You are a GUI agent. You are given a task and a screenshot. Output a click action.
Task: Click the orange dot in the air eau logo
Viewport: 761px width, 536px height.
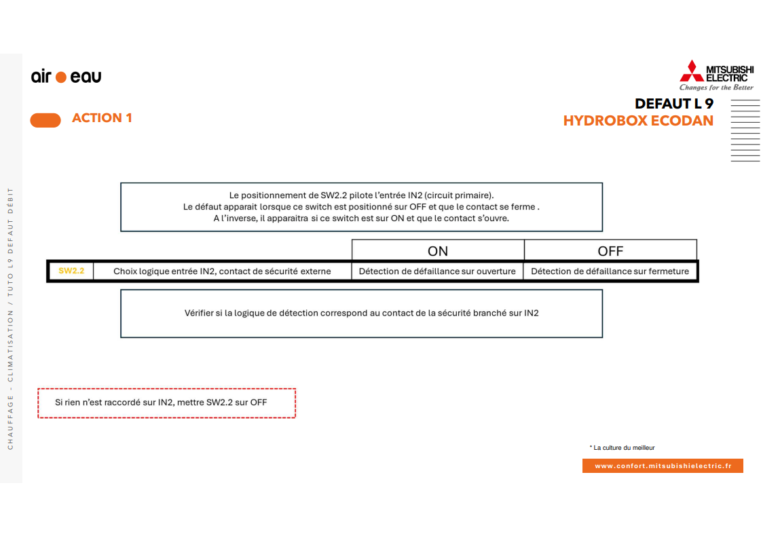(61, 77)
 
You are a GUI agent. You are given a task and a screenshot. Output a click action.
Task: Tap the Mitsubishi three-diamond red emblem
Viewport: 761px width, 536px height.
(692, 71)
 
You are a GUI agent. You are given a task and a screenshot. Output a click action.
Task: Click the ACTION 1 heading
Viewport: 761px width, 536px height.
(102, 118)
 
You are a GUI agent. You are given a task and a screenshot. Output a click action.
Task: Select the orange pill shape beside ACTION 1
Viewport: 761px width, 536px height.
(45, 120)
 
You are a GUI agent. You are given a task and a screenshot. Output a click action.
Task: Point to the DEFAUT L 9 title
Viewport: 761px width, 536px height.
(673, 104)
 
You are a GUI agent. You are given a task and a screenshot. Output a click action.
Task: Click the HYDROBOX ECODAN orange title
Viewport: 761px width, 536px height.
(638, 121)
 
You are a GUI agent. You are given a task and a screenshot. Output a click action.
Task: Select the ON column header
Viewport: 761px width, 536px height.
(438, 251)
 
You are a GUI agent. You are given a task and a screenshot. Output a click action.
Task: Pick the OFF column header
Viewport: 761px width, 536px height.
(610, 251)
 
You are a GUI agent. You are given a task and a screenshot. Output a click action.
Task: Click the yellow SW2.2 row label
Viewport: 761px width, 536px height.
(71, 271)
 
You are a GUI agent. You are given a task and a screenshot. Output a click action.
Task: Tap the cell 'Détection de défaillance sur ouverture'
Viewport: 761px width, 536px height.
(437, 271)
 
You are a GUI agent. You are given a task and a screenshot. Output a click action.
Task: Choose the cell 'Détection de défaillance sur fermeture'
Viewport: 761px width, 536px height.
(610, 271)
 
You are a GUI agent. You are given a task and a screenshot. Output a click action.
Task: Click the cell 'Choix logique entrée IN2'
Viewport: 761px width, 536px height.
(222, 271)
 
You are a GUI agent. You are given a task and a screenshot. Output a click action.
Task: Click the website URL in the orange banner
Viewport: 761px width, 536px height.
(663, 466)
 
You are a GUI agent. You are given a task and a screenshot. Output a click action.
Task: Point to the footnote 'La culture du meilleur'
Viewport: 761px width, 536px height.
(623, 448)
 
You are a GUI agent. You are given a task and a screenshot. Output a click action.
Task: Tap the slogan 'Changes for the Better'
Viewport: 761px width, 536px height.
(716, 88)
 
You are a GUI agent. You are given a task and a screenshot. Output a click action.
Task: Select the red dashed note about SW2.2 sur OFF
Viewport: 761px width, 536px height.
(166, 402)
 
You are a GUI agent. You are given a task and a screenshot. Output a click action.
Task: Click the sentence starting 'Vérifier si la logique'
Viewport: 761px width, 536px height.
(361, 313)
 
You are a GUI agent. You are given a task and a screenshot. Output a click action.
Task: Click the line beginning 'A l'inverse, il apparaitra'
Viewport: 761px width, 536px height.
(360, 218)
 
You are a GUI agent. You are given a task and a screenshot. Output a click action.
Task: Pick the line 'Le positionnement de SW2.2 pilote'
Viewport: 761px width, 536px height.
(361, 195)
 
